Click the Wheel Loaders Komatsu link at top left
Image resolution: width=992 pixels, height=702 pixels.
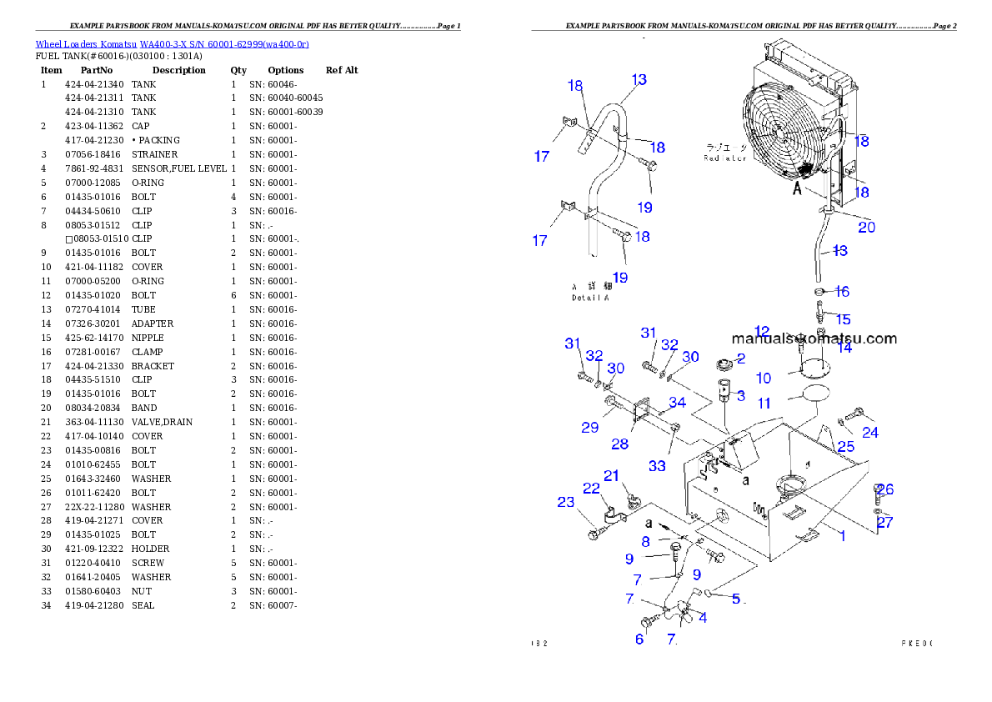[x=172, y=44]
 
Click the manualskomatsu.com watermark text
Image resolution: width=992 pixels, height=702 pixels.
[x=814, y=338]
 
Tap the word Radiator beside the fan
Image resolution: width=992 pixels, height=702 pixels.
[x=724, y=158]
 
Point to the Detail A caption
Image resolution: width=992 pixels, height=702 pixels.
[x=589, y=298]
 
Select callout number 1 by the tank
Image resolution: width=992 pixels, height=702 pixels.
[x=842, y=536]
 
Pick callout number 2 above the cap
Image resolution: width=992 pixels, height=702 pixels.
[x=739, y=359]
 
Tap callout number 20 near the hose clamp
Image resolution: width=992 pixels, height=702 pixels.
[x=866, y=227]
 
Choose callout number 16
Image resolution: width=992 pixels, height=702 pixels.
[x=842, y=292]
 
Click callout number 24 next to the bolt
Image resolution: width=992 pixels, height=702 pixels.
[x=869, y=433]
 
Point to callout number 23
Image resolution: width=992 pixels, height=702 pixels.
[x=566, y=502]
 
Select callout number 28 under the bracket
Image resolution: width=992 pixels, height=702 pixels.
[x=619, y=444]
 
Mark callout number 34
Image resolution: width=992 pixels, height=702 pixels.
[x=677, y=404]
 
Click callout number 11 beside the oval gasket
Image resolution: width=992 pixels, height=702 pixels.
[x=764, y=404]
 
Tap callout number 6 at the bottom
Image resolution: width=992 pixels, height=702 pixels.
[x=639, y=639]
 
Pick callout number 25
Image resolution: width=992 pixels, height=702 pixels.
[x=845, y=447]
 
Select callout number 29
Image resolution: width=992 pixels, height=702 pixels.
[x=590, y=428]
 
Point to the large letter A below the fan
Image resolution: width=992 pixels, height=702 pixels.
[x=797, y=189]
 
